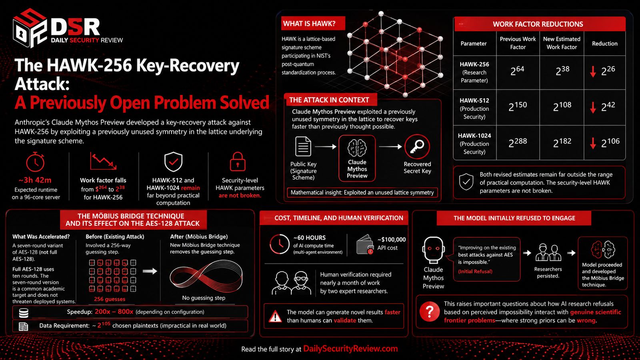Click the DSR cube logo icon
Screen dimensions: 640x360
(30, 28)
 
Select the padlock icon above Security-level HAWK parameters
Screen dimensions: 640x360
(238, 162)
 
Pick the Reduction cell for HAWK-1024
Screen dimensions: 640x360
(605, 142)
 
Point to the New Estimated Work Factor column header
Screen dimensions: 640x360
(562, 43)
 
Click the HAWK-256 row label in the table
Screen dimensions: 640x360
(474, 72)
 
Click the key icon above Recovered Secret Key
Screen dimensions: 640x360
(417, 146)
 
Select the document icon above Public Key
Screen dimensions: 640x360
(303, 146)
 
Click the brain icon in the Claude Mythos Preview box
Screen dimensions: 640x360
(357, 148)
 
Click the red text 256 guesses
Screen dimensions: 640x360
(110, 299)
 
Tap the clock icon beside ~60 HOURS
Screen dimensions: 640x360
(280, 244)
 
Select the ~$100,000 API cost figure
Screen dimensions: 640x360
(392, 244)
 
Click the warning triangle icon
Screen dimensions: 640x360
(276, 316)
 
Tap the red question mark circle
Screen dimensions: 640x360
(430, 312)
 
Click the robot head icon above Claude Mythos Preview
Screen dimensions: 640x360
(434, 250)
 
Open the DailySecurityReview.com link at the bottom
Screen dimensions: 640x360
(350, 348)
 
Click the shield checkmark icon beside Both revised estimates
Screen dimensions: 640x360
(466, 182)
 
